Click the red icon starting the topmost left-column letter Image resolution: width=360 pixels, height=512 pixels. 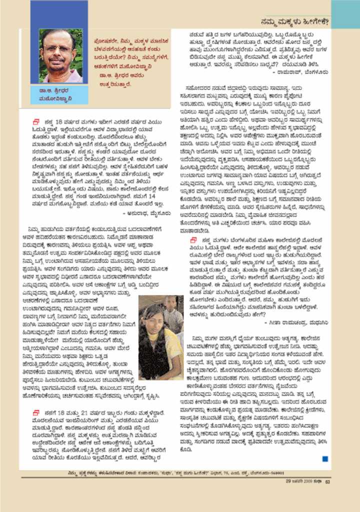tap(36, 121)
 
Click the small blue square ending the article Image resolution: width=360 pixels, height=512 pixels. tap(325, 458)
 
